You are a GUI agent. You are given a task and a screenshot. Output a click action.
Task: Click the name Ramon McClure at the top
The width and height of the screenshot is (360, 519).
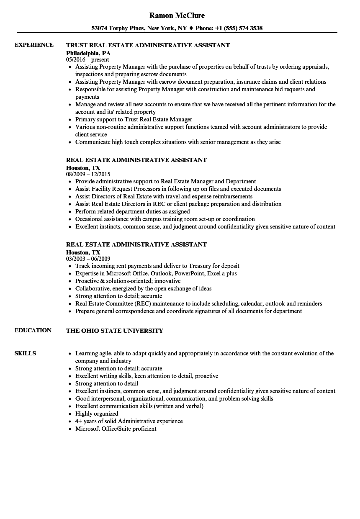[x=177, y=16]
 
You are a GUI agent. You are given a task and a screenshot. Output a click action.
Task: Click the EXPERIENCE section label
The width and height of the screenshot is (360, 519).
[x=34, y=45]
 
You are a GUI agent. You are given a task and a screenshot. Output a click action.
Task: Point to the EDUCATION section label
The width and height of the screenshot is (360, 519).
[x=33, y=330]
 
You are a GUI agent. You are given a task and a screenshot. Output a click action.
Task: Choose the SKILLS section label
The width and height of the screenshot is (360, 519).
[x=25, y=353]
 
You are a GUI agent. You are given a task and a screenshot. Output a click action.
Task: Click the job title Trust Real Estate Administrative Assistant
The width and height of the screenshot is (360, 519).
[x=148, y=45]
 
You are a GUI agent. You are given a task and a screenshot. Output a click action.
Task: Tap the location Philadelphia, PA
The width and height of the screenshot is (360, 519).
[x=88, y=53]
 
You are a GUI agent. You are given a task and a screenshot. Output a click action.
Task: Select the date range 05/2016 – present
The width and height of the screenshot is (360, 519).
[x=87, y=60]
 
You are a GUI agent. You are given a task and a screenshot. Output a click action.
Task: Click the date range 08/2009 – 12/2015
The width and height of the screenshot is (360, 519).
[x=88, y=174]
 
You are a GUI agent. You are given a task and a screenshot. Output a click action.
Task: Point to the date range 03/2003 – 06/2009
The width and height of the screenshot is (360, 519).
[x=88, y=259]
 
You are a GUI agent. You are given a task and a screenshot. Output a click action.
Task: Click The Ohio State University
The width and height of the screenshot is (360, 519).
[x=115, y=331]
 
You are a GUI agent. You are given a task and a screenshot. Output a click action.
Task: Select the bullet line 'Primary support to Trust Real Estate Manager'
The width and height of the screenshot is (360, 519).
[x=134, y=119]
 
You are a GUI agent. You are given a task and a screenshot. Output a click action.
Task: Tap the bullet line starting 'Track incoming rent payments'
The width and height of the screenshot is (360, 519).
[x=157, y=266]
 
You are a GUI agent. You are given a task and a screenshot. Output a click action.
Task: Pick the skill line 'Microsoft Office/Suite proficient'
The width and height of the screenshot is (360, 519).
[x=116, y=429]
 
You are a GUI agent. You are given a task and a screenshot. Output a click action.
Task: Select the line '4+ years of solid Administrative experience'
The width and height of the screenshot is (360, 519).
[x=129, y=421]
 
